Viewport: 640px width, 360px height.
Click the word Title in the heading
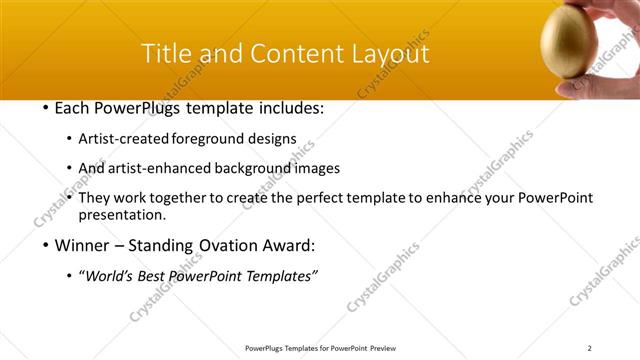click(171, 54)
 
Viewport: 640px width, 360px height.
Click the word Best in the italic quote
click(161, 276)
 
